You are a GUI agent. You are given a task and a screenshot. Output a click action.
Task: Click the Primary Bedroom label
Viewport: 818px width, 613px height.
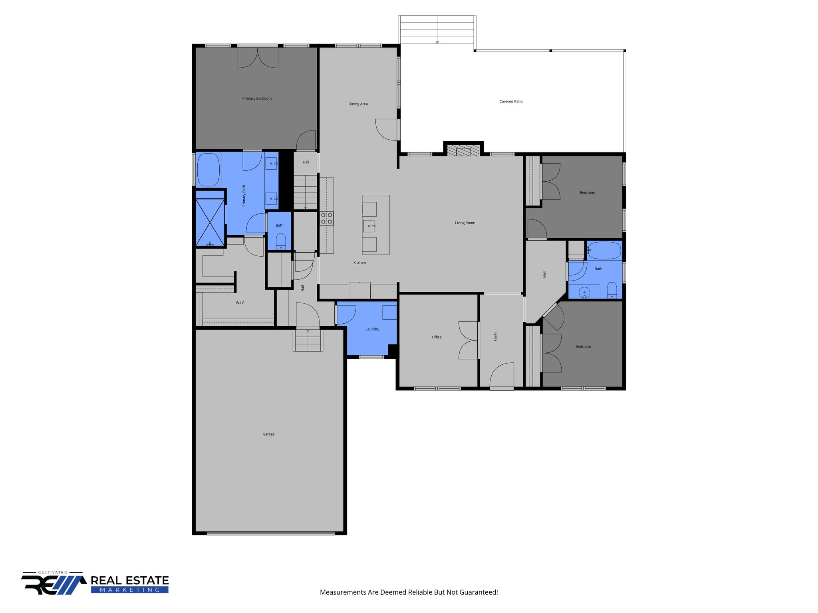[257, 99]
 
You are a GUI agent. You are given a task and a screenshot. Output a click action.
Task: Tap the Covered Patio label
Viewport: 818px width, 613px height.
[511, 102]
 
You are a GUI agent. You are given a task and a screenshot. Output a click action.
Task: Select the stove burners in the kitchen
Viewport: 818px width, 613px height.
[326, 218]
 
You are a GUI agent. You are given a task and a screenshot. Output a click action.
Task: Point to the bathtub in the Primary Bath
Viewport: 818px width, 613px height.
[208, 170]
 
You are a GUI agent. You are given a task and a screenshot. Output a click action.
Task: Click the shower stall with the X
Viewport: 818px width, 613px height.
[210, 222]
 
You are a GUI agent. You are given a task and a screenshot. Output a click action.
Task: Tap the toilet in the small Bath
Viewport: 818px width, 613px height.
[281, 241]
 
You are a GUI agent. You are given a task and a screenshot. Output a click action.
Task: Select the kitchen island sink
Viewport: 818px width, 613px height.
[369, 226]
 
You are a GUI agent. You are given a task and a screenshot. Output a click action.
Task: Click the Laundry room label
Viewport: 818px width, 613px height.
[372, 329]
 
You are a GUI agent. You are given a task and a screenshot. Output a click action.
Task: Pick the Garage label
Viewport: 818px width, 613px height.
[268, 434]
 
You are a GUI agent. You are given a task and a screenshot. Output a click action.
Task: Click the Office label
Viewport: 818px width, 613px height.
[437, 337]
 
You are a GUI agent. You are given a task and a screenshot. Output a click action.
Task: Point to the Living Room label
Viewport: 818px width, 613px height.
[465, 223]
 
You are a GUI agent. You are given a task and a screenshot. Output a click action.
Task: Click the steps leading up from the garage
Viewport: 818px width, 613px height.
[308, 340]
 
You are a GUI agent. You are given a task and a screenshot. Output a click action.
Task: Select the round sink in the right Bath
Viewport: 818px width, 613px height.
[584, 293]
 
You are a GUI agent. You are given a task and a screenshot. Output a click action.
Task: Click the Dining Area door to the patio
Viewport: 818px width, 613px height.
[387, 130]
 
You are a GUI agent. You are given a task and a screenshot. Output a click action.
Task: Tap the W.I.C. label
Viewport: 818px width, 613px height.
[240, 303]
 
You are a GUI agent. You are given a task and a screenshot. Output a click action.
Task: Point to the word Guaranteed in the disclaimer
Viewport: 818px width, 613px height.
[478, 592]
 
